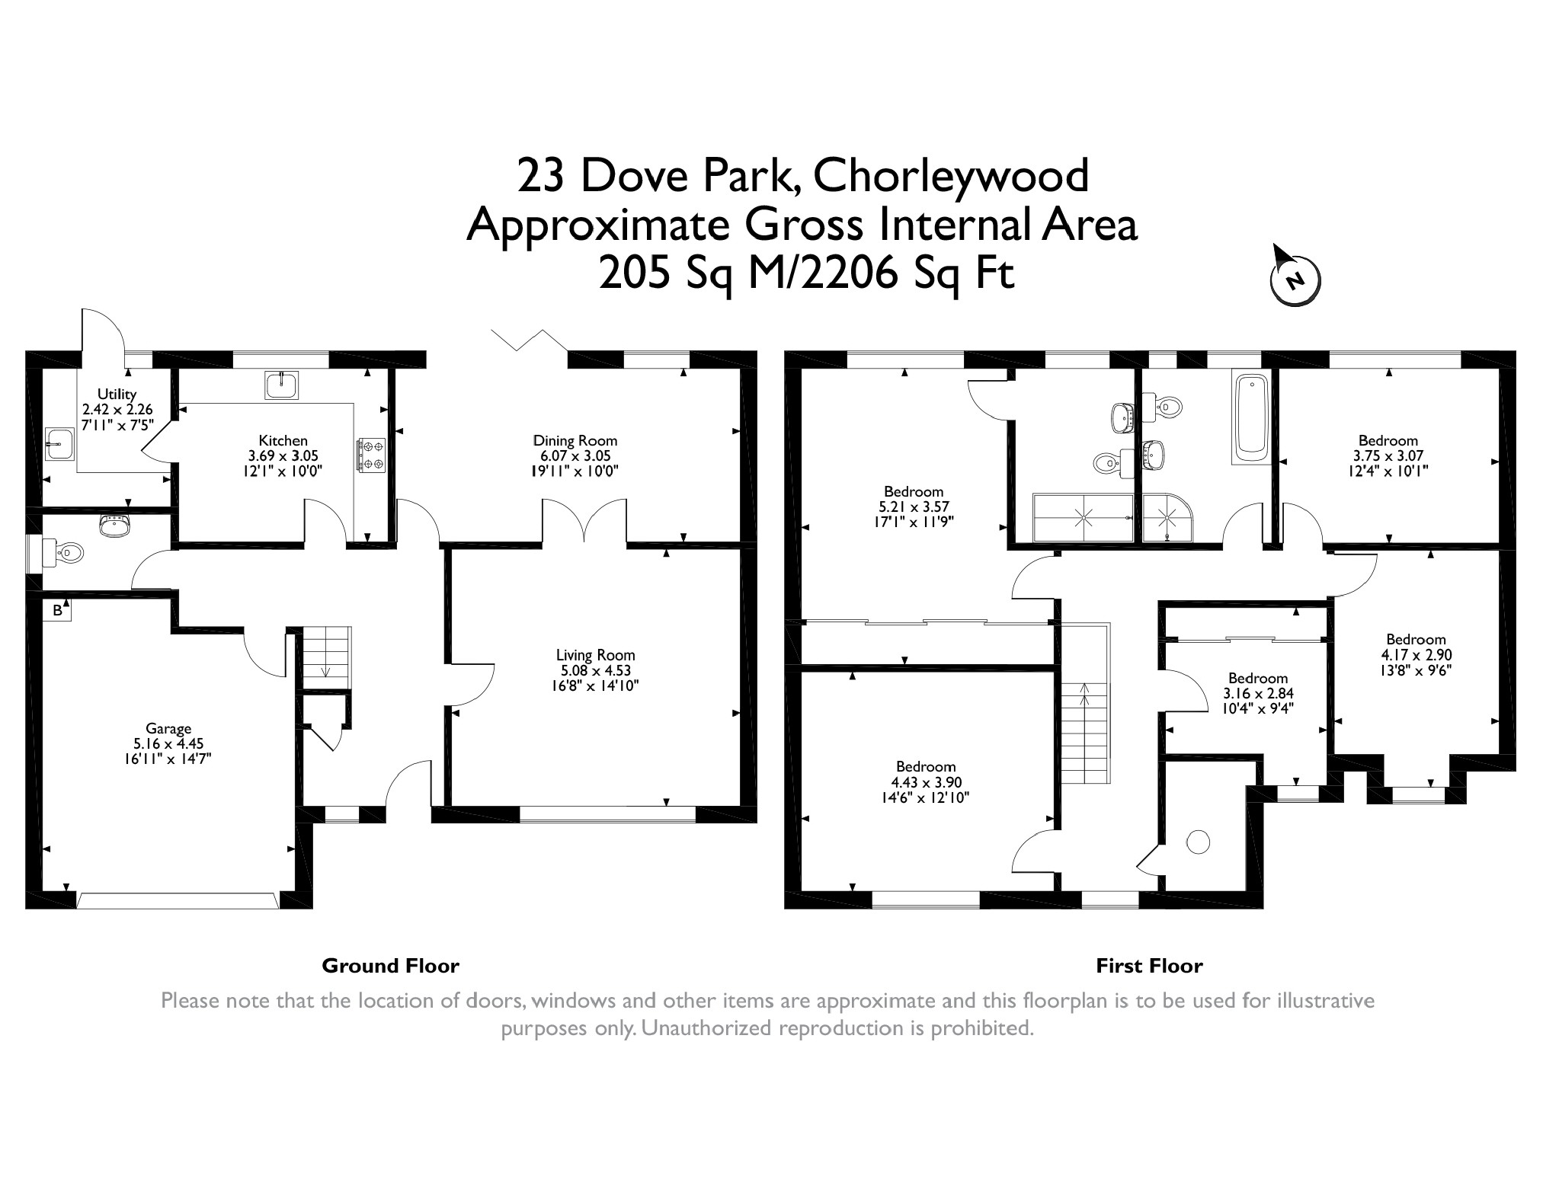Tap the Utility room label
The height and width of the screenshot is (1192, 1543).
[x=117, y=394]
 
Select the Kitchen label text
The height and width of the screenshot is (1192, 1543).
[x=283, y=440]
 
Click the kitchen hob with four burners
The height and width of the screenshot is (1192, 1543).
[x=371, y=455]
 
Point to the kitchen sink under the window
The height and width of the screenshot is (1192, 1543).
[x=282, y=384]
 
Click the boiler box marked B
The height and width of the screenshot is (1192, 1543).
[x=57, y=610]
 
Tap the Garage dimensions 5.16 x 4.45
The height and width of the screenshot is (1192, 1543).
[x=168, y=744]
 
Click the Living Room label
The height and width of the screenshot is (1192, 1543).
[x=595, y=655]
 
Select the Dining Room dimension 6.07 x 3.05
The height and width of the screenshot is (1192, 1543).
[x=575, y=455]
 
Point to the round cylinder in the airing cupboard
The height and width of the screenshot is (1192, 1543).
[x=1198, y=842]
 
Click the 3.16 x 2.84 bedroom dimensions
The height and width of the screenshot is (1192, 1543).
[x=1258, y=694]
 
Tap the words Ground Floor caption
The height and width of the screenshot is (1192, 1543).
[x=390, y=966]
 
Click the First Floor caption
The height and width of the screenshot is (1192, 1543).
[x=1149, y=966]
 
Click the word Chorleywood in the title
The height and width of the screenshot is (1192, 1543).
[x=951, y=177]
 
